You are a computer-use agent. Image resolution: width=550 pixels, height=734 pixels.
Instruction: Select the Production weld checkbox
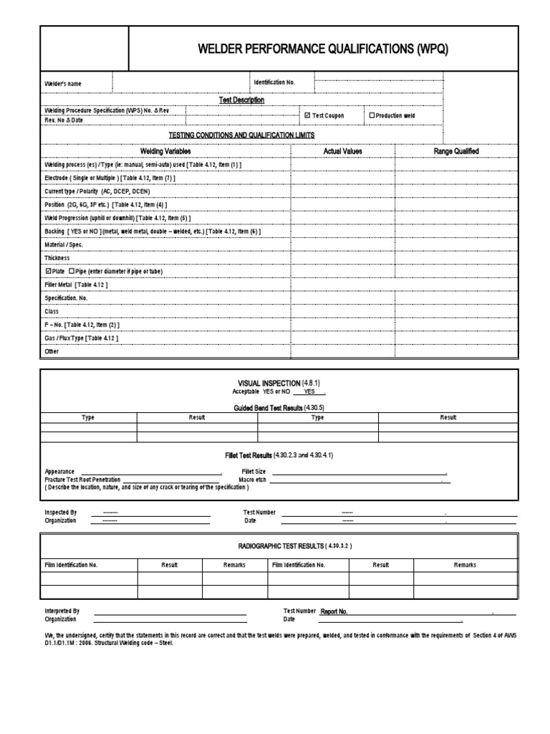point(372,115)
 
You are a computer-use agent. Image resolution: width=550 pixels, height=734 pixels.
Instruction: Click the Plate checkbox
point(48,272)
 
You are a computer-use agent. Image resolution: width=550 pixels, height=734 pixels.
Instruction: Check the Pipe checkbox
point(71,272)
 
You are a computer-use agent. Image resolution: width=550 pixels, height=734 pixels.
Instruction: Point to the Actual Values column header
point(342,151)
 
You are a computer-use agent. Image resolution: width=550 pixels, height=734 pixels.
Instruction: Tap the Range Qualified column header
point(456,151)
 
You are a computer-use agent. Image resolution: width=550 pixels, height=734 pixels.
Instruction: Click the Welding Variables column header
point(165,151)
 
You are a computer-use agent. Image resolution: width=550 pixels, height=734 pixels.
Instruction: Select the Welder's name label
point(63,84)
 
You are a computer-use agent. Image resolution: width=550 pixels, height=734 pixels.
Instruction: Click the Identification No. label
point(274,82)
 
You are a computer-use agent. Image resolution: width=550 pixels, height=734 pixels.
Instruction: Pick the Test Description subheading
point(241,100)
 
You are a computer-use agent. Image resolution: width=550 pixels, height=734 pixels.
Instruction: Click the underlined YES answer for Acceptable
point(309,393)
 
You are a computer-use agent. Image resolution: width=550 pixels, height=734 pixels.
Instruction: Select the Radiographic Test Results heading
point(295,546)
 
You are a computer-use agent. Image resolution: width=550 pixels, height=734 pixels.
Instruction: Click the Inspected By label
point(60,513)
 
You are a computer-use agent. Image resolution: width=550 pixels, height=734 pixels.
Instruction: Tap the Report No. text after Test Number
point(334,611)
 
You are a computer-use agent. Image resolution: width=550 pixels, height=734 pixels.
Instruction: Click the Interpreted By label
point(62,611)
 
